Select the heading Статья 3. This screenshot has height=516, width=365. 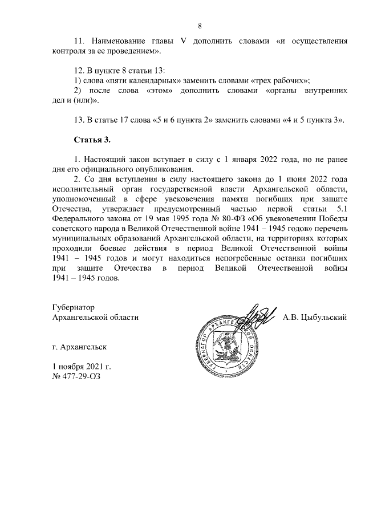[91, 140]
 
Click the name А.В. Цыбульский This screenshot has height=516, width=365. [315, 317]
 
